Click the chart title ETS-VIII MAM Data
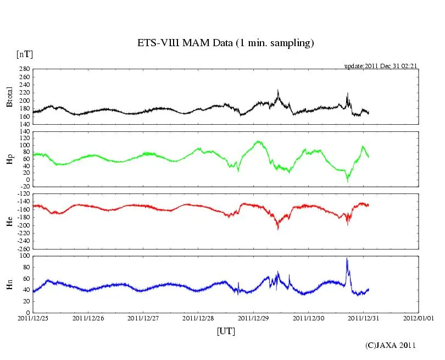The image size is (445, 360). pos(225,43)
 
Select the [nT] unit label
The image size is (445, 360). pos(24,54)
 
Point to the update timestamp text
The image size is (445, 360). pos(381,66)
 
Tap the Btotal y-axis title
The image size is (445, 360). pos(9,96)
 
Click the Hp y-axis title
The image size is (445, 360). pos(9,159)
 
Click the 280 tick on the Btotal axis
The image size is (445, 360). pos(24,69)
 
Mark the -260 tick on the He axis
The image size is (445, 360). pos(22,248)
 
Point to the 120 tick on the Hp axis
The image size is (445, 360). pos(24,132)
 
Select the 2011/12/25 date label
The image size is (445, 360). pos(32,318)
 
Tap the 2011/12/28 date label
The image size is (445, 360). pos(198,318)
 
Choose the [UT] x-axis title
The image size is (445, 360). pos(225,331)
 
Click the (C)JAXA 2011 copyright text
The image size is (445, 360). pos(391,346)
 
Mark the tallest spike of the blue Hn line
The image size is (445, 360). pos(347,258)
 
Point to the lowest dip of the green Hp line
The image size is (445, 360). pos(347,181)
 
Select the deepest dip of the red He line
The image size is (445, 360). pos(278,229)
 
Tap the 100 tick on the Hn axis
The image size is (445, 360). pos(24,256)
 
